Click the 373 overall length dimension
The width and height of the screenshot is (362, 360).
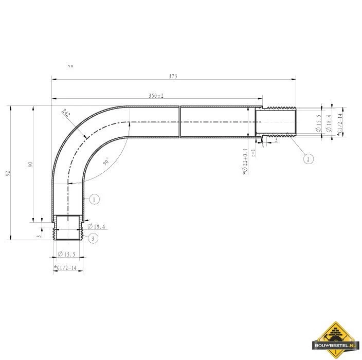click(x=173, y=76)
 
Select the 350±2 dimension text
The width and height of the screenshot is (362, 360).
click(x=155, y=96)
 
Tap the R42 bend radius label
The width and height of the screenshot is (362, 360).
click(x=65, y=114)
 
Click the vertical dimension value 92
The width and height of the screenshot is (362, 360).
click(x=8, y=173)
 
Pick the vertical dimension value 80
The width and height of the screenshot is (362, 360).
click(x=30, y=165)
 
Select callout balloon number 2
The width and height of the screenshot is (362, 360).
click(x=308, y=159)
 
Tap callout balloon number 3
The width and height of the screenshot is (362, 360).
click(x=92, y=238)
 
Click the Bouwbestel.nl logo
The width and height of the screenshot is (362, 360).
click(x=335, y=339)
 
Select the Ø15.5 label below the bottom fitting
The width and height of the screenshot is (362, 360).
click(x=67, y=255)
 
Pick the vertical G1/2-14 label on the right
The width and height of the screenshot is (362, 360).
click(x=339, y=123)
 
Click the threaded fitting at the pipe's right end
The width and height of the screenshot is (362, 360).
click(x=278, y=122)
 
